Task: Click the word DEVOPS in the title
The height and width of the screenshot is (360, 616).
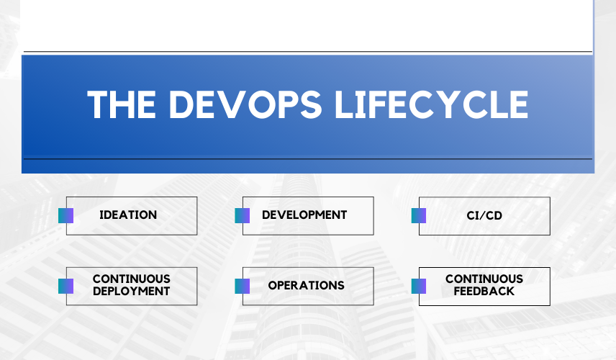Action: click(x=245, y=104)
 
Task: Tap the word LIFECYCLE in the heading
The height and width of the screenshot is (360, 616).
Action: click(x=431, y=104)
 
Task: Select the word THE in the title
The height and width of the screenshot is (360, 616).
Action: click(x=122, y=104)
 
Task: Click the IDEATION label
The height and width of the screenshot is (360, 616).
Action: click(x=128, y=215)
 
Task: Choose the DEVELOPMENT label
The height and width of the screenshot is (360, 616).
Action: click(x=304, y=215)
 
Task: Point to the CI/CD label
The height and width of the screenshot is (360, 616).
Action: click(x=484, y=215)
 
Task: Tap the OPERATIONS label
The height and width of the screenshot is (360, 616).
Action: click(x=306, y=285)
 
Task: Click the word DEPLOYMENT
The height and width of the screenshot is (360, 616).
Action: click(x=132, y=291)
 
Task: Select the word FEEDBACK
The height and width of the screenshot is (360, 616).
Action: click(x=484, y=291)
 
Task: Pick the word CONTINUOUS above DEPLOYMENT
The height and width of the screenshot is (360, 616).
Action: click(x=132, y=279)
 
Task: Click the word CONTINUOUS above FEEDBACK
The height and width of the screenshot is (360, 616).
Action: click(x=484, y=279)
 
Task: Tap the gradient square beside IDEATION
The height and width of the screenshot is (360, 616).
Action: click(x=66, y=216)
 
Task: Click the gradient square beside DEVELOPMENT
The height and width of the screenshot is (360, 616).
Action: click(x=243, y=216)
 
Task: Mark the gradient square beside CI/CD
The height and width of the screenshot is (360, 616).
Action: click(x=419, y=216)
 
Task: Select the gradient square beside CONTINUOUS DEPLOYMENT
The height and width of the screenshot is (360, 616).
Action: click(x=66, y=286)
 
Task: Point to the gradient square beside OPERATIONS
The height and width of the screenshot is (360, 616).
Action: click(x=243, y=286)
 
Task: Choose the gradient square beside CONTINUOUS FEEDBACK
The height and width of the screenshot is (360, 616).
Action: click(x=419, y=286)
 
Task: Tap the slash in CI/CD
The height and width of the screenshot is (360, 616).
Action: click(x=484, y=215)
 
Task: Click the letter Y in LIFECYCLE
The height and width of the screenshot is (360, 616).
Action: click(x=448, y=104)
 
